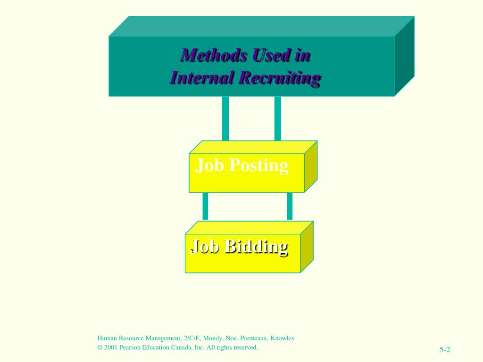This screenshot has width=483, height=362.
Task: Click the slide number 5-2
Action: tap(445, 349)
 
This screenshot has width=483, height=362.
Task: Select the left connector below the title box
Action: tap(225, 118)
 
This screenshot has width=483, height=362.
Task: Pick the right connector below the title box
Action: tap(278, 118)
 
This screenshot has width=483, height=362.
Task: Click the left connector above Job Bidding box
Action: tap(205, 206)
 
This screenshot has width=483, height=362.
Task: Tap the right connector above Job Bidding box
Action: tap(290, 206)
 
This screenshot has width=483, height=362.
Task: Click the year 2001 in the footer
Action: tap(112, 347)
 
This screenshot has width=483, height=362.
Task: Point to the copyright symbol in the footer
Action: tap(100, 347)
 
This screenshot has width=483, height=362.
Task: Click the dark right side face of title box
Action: tap(404, 57)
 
